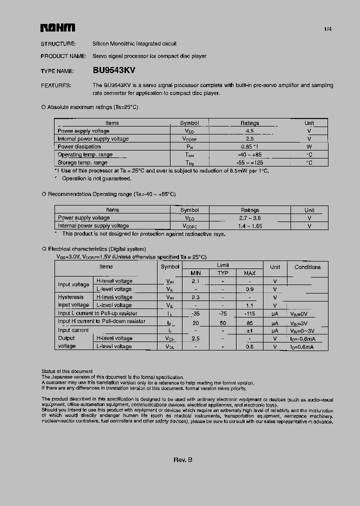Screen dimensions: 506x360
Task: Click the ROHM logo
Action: (57, 28)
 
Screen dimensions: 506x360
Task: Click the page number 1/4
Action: (327, 29)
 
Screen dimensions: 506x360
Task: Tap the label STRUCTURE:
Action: (58, 44)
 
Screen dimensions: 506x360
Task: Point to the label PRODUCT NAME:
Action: (63, 56)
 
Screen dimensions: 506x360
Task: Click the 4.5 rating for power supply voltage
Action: (249, 131)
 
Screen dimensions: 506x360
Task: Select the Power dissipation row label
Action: (79, 147)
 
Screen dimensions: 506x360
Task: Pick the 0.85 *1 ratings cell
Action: (249, 147)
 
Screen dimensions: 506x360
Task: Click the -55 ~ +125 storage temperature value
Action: (249, 163)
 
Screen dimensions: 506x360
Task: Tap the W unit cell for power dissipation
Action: (309, 147)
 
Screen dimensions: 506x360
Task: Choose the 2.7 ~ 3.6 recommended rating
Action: (250, 218)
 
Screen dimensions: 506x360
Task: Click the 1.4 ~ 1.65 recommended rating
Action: (250, 226)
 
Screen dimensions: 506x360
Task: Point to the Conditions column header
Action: (307, 267)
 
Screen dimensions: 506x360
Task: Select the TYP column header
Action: (222, 273)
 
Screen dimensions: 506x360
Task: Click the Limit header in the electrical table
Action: (223, 265)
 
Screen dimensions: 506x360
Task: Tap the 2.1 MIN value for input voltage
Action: (195, 281)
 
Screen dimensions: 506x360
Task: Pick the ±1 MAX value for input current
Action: (249, 330)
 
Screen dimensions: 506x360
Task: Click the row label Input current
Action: (73, 330)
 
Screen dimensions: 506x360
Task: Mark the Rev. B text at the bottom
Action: (182, 460)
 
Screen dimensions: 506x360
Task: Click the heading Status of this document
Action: (67, 371)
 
